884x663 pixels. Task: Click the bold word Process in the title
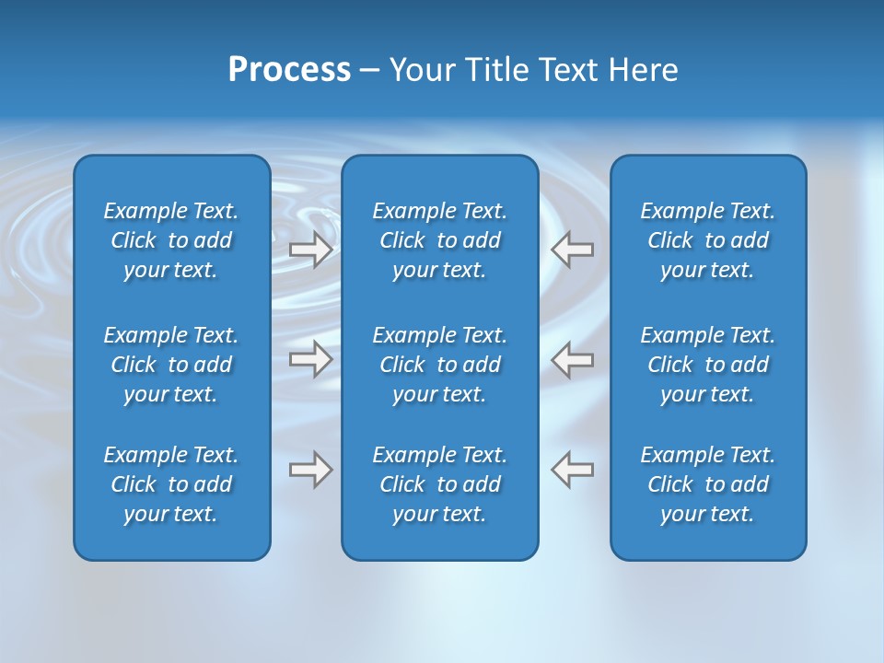point(289,70)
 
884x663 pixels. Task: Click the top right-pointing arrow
point(311,249)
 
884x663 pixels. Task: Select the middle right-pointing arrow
point(311,359)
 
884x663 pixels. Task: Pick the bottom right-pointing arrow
point(311,470)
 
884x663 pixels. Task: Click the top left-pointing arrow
point(572,249)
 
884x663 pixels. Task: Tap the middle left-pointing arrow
point(572,359)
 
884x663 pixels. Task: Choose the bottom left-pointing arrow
point(572,470)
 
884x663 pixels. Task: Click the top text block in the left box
point(171,240)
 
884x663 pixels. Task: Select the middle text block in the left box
point(171,365)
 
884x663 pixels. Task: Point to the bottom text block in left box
point(171,484)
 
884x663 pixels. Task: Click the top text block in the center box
point(439,240)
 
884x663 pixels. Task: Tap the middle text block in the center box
point(439,365)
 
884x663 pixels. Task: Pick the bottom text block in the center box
point(439,484)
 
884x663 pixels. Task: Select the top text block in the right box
point(707,240)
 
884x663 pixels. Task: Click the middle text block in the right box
point(707,365)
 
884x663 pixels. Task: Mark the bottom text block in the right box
point(707,484)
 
